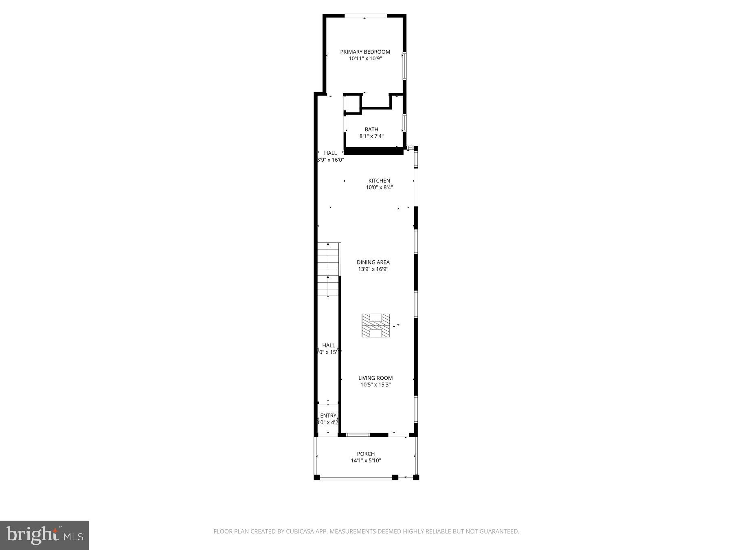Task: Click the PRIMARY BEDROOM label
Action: [365, 52]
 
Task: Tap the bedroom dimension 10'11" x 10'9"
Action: [365, 59]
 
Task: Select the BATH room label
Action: [371, 130]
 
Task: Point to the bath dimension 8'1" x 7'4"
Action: [371, 136]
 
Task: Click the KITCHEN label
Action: [379, 181]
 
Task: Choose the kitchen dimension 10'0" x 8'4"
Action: [379, 188]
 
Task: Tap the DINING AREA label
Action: [373, 262]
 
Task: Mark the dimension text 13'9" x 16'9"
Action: [373, 269]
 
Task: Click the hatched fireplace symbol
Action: [375, 326]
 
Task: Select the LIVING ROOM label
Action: [375, 378]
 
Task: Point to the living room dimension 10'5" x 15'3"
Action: [375, 385]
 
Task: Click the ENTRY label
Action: [328, 416]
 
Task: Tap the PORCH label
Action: [366, 454]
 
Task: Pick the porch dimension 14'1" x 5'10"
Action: [366, 461]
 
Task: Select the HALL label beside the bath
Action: [330, 153]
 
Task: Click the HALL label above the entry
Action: [328, 345]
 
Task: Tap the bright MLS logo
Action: [44, 535]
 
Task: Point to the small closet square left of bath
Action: [353, 103]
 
